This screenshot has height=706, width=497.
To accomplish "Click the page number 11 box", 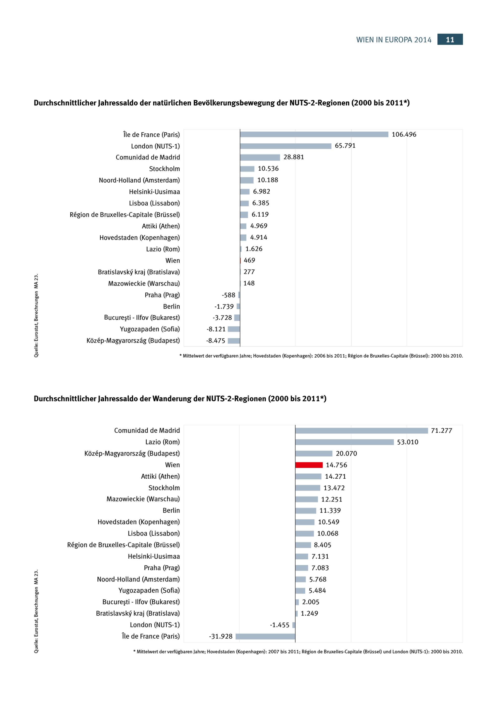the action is tap(450, 39).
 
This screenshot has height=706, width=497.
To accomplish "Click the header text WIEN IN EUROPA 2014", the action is tap(394, 40).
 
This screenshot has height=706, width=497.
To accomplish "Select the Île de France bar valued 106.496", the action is tap(314, 134).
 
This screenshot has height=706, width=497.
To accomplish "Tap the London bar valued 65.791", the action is tap(286, 146).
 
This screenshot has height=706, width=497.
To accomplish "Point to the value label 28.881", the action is tap(294, 157).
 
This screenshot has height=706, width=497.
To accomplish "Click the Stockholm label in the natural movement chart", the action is tap(165, 169).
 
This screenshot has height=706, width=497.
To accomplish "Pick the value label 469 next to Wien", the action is tap(249, 260).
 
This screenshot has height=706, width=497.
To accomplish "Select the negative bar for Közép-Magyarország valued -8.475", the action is tap(234, 341).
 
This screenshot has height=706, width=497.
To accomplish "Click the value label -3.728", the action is tap(222, 318).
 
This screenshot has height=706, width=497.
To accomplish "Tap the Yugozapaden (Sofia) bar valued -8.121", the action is tap(234, 329).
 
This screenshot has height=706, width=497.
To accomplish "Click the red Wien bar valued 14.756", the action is tap(309, 465).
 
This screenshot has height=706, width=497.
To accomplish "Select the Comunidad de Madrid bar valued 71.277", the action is tap(362, 430).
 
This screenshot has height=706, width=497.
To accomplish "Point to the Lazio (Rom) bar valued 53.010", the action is tap(344, 442).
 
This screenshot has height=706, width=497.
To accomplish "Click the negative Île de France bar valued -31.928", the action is tap(265, 636).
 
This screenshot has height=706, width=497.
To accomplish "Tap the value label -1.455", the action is tap(280, 625).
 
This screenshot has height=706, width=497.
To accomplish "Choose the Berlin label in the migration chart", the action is tap(171, 510).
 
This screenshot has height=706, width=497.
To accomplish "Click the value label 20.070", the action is tap(346, 454).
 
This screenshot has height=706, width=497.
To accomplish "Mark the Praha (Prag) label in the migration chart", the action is tap(162, 568).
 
